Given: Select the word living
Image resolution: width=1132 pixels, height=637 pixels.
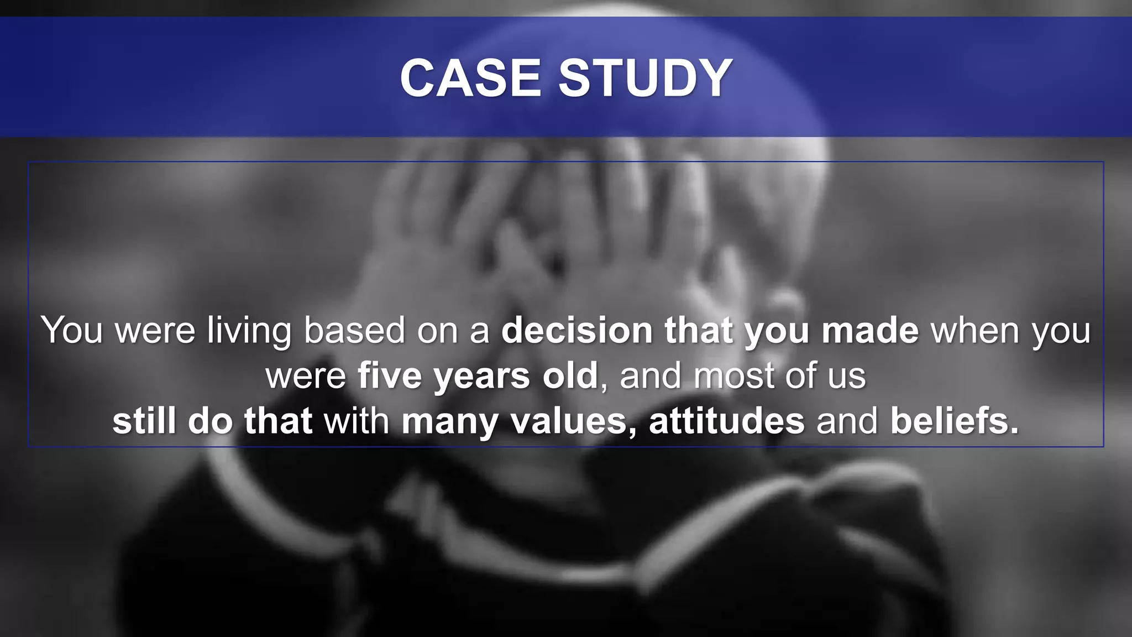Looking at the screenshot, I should click(249, 331).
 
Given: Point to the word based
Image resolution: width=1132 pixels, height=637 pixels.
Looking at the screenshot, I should click(354, 331).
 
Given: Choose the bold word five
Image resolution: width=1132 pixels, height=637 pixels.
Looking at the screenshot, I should click(390, 376).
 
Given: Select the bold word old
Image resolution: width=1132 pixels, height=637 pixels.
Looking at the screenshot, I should click(570, 376).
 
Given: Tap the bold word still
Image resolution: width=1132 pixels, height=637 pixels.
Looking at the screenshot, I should click(144, 421).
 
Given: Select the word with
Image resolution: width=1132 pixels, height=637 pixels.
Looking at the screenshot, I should click(357, 421).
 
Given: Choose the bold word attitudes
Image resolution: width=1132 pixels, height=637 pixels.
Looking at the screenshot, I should click(726, 421).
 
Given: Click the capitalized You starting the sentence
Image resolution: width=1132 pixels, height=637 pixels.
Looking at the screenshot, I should click(72, 331).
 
